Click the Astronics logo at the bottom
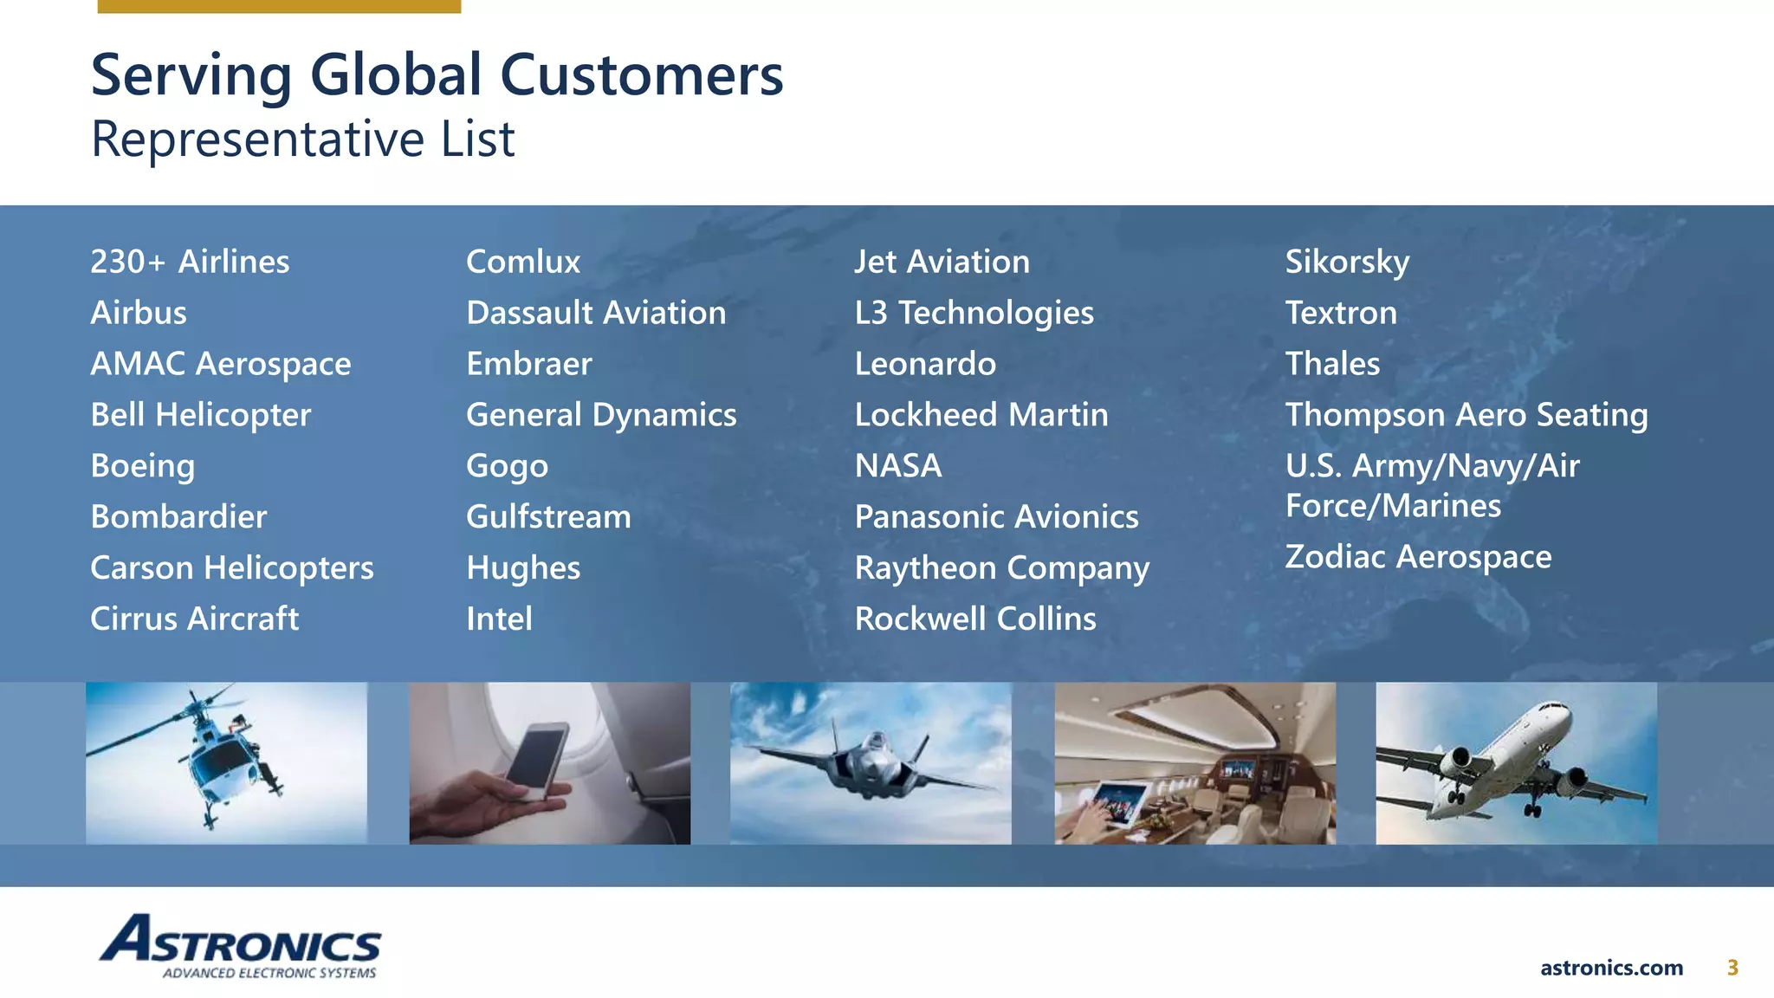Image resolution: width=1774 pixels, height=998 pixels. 240,946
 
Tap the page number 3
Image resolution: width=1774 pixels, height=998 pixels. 1732,968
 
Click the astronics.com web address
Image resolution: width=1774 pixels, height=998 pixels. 1611,968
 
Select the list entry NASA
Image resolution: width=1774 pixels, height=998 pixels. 898,466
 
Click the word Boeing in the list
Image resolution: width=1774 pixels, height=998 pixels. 143,466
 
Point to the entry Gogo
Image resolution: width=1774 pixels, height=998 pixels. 507,466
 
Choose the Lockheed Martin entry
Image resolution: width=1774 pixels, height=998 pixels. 981,415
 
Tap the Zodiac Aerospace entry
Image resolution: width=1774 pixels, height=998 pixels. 1418,557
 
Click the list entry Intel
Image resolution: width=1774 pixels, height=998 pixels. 499,619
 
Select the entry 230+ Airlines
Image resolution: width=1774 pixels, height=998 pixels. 190,262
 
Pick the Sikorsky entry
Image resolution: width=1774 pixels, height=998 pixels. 1347,262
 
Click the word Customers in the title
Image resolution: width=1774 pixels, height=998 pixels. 641,75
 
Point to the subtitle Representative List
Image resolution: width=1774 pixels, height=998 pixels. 302,139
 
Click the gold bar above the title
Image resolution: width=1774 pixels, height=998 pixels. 279,6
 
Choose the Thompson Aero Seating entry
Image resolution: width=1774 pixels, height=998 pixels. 1466,415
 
